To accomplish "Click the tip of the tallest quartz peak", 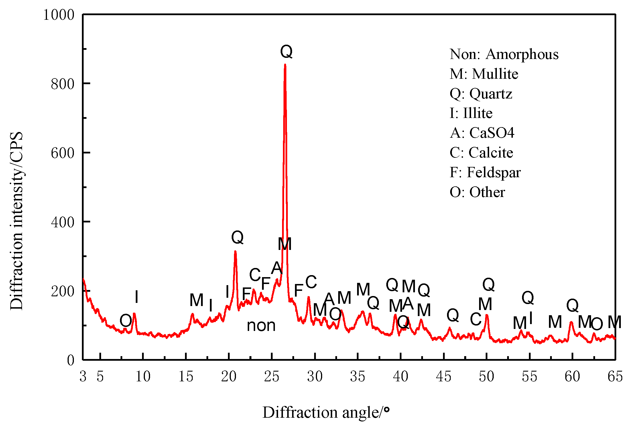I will [x=285, y=65].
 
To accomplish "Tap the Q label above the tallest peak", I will [x=286, y=52].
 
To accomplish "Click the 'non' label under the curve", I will [x=261, y=326].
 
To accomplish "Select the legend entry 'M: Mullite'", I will [x=484, y=74].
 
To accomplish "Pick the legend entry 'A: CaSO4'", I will [x=482, y=133].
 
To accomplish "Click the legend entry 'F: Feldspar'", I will [x=485, y=172].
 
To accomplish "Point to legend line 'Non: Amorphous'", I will [x=504, y=54].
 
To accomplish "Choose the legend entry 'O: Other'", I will [x=477, y=192].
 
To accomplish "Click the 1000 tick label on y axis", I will [x=59, y=15].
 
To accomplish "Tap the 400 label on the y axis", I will [x=62, y=222].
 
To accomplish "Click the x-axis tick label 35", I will [x=358, y=376].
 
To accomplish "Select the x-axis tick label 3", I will [x=83, y=376].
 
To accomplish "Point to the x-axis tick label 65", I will [x=615, y=376].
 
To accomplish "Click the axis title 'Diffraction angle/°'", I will [x=326, y=413].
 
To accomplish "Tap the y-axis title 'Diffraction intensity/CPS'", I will [x=17, y=221].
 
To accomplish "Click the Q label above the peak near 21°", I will [x=237, y=237].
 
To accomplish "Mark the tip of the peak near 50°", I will [x=487, y=315].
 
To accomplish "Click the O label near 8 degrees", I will [x=126, y=321].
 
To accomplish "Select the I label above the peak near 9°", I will [x=137, y=297].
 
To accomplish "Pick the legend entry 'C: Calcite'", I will [x=481, y=153].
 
